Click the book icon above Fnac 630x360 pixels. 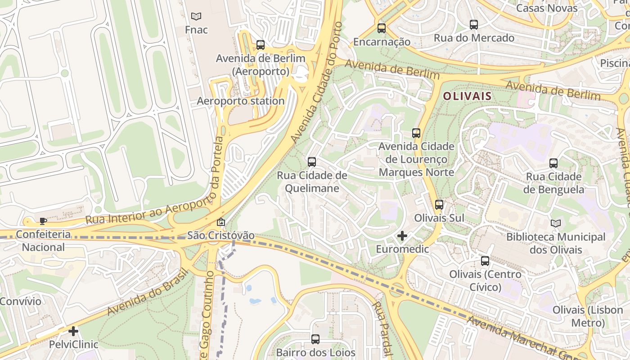196,17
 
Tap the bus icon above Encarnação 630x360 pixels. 382,28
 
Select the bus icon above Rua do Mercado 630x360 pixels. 474,25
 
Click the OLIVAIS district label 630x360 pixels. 467,96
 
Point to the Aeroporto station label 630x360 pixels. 241,101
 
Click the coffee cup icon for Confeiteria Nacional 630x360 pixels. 43,221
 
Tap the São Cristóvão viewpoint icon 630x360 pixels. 221,222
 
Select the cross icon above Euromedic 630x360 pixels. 402,235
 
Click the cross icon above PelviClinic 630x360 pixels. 73,332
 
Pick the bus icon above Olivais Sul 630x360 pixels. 439,205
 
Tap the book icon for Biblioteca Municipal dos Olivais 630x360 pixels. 556,223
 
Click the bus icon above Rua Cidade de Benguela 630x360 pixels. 553,163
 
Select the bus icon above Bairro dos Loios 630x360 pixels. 315,339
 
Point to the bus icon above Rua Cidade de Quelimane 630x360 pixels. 312,162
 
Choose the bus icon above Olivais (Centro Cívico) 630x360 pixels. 485,261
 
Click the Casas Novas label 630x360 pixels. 547,8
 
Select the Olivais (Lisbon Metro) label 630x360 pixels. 588,316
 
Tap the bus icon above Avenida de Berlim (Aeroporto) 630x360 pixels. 261,45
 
